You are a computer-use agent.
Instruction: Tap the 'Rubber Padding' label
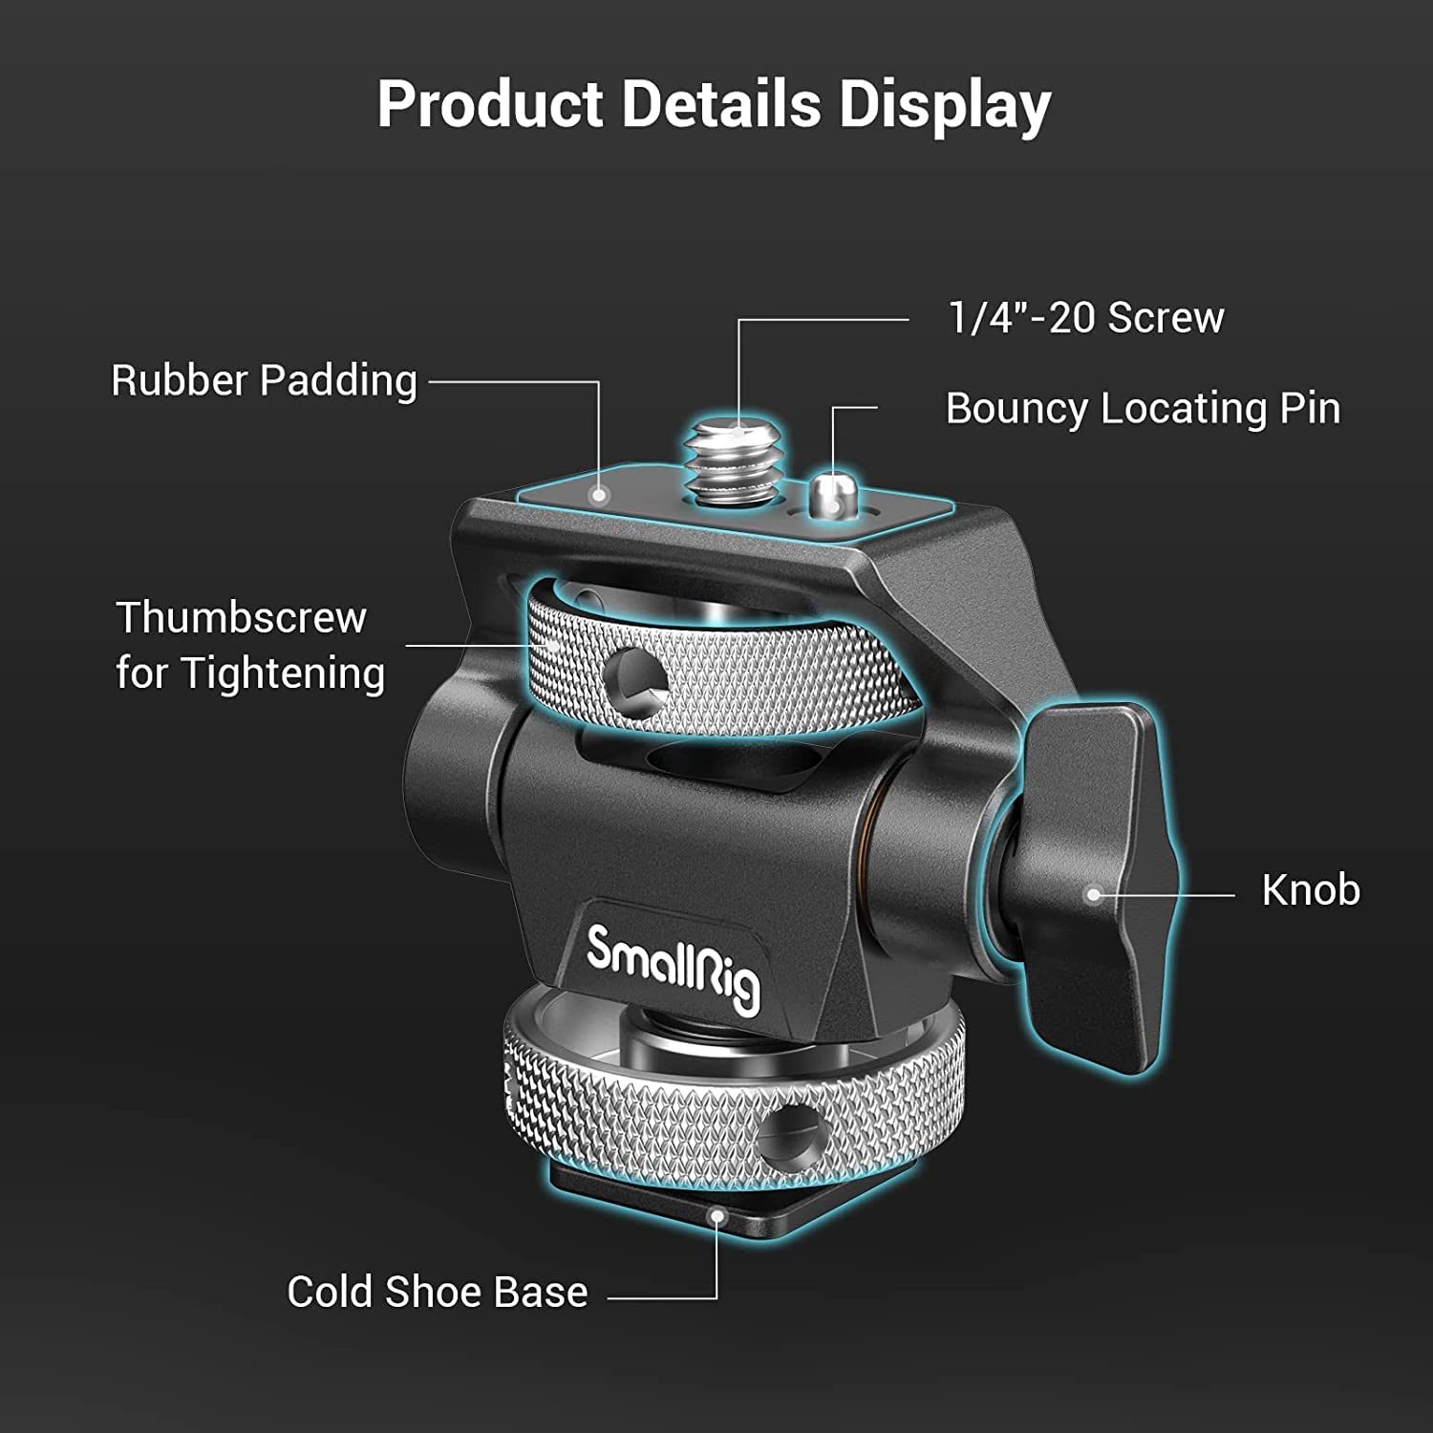[x=264, y=380]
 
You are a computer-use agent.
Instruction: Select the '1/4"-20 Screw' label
[x=1085, y=317]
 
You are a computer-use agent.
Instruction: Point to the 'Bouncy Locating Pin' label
[x=1143, y=408]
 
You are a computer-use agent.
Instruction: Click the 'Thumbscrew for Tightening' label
[x=250, y=645]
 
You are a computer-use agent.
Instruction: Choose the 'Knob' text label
[x=1311, y=890]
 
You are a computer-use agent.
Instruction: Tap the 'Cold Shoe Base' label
[x=438, y=1292]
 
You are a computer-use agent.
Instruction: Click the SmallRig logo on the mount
[x=674, y=967]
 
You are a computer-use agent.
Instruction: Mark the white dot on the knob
[x=1095, y=895]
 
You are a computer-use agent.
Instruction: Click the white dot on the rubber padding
[x=599, y=495]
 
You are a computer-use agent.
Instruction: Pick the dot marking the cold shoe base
[x=716, y=1216]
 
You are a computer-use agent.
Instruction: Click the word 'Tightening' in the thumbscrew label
[x=283, y=674]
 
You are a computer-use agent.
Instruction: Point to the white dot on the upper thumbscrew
[x=552, y=645]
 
